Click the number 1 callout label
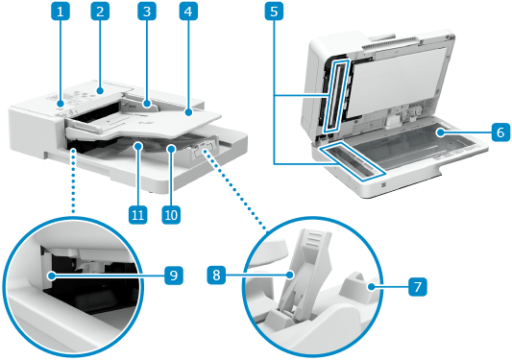click(x=61, y=12)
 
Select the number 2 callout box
click(x=100, y=12)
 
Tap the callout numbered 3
click(x=147, y=12)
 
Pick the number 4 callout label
click(x=188, y=12)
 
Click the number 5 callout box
click(x=274, y=12)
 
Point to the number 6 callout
click(x=501, y=132)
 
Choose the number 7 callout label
click(x=418, y=287)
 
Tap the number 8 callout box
click(x=216, y=275)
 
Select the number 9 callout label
click(x=173, y=276)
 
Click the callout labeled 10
click(x=171, y=215)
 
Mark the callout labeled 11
click(x=137, y=215)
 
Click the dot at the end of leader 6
click(x=441, y=132)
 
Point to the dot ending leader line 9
click(x=51, y=276)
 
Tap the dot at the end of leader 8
click(x=290, y=276)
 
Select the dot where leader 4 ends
click(x=188, y=112)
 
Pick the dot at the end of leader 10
click(x=171, y=149)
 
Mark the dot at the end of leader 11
click(x=137, y=146)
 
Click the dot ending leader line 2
click(x=100, y=91)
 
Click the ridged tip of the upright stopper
click(x=315, y=236)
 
